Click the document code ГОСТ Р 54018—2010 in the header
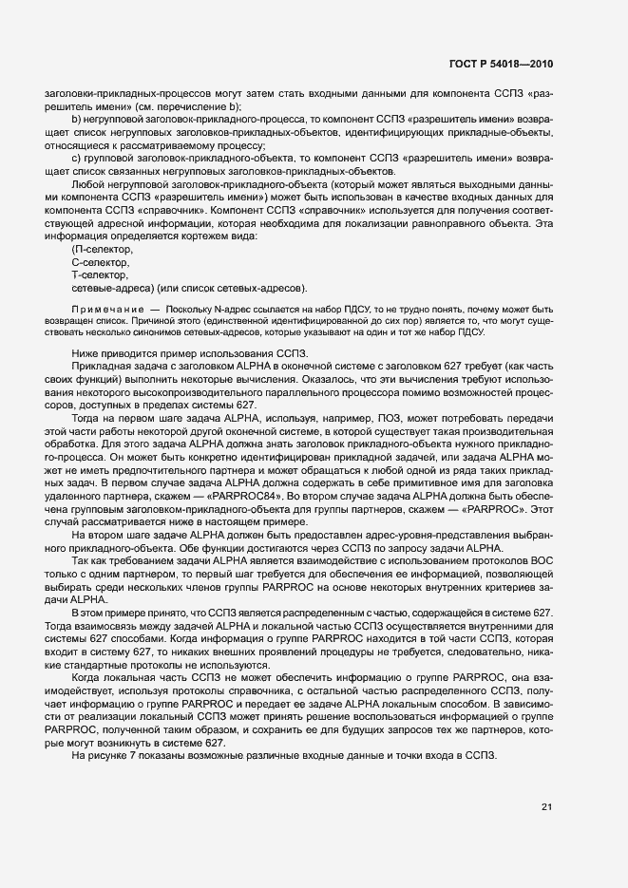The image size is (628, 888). (x=501, y=65)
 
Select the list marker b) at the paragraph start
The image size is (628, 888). (x=76, y=121)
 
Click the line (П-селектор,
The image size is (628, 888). (x=104, y=249)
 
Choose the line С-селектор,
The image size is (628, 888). (x=102, y=261)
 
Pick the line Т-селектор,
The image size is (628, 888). (x=102, y=274)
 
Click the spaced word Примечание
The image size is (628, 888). (x=104, y=310)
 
